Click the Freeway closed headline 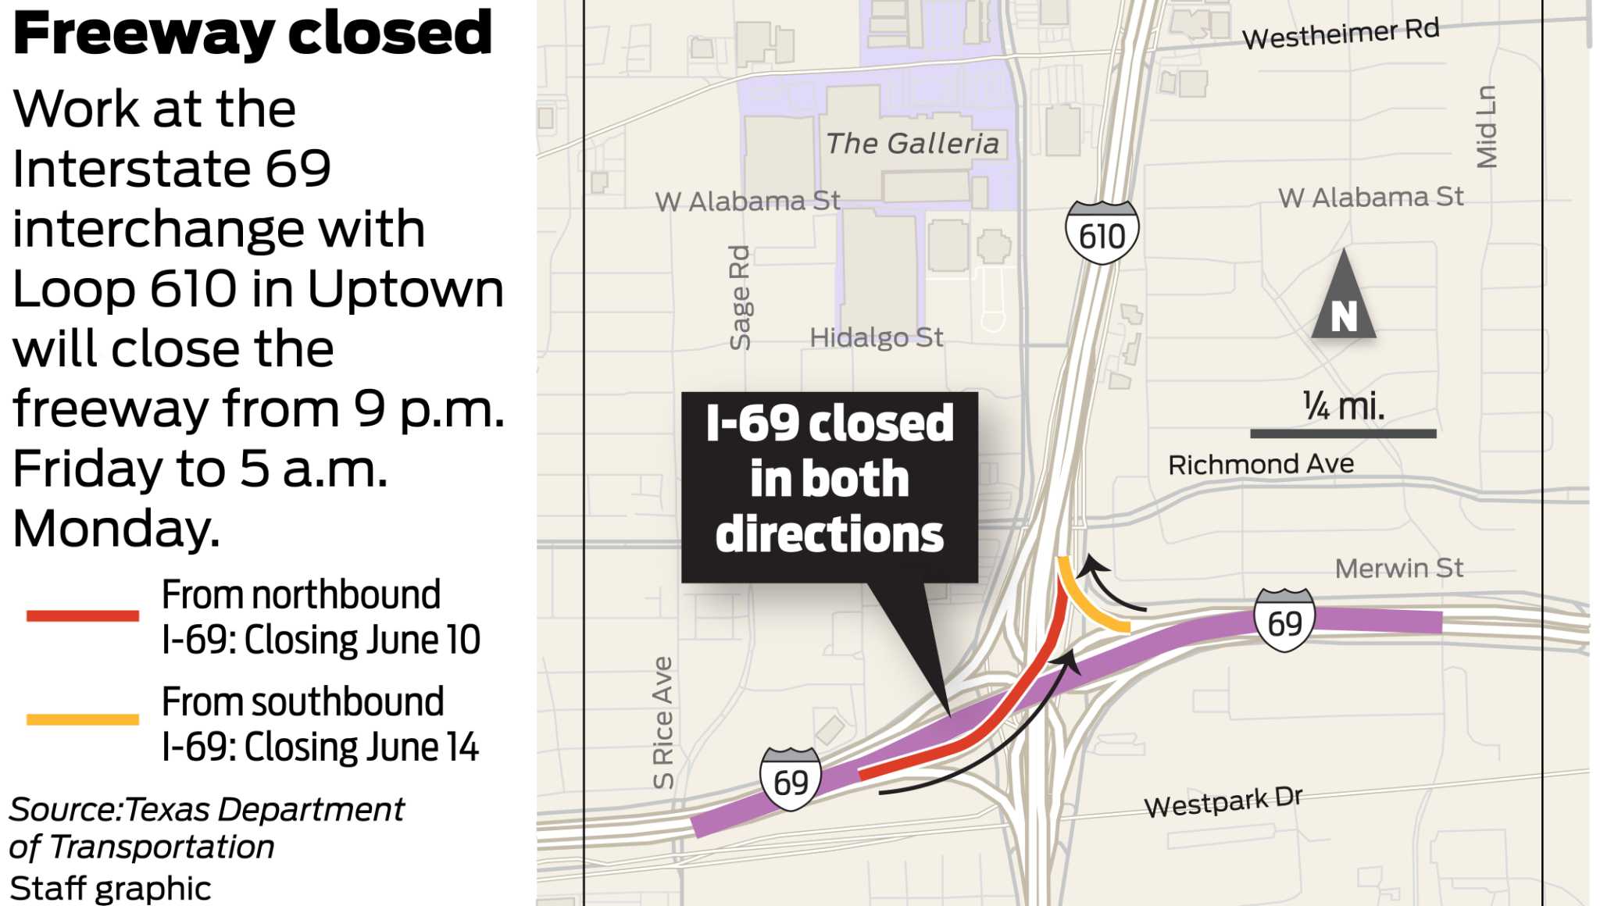click(x=252, y=34)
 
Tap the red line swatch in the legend click(x=82, y=616)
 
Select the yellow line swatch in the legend click(x=82, y=719)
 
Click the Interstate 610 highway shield click(x=1102, y=233)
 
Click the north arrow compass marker click(x=1343, y=297)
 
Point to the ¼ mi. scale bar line click(x=1342, y=433)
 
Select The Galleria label click(x=912, y=144)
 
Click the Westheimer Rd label click(x=1341, y=34)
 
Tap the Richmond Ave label click(x=1260, y=465)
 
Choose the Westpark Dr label click(x=1223, y=801)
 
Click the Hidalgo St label click(x=876, y=337)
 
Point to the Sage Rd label click(x=739, y=298)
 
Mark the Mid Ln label click(x=1486, y=127)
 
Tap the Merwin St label click(x=1398, y=569)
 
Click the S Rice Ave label click(x=662, y=722)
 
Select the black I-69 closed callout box click(x=829, y=486)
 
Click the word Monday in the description click(x=116, y=529)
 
